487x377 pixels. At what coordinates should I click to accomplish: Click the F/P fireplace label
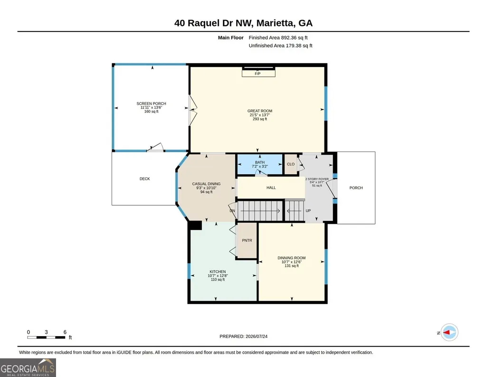(258, 74)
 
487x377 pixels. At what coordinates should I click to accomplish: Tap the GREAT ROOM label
(259, 111)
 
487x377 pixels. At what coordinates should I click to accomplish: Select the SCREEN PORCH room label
(151, 104)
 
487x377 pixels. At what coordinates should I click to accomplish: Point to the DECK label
(145, 179)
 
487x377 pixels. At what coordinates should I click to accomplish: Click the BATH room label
(260, 162)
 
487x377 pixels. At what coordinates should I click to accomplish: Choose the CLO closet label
(291, 164)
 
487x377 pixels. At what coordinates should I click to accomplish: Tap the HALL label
(271, 188)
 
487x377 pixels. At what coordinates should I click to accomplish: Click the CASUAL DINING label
(206, 184)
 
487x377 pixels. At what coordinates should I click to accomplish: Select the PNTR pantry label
(247, 240)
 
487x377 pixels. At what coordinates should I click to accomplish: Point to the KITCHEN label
(218, 271)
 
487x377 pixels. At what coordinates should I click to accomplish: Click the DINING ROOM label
(292, 258)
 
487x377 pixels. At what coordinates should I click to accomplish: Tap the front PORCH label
(356, 188)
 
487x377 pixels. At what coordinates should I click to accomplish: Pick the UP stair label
(308, 210)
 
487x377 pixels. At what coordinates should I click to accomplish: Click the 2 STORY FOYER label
(317, 179)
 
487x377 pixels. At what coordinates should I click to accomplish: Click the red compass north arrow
(447, 333)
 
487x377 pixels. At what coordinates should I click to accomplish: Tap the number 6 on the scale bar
(65, 332)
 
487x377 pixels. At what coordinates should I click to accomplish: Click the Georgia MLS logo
(28, 367)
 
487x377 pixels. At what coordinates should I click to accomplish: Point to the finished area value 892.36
(289, 38)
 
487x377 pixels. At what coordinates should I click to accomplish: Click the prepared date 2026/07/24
(257, 336)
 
